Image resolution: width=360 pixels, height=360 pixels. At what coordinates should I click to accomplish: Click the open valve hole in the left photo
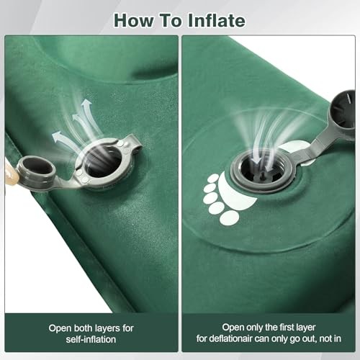pyautogui.click(x=103, y=161)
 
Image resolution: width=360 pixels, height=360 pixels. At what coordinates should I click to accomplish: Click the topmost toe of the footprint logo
pyautogui.click(x=213, y=177)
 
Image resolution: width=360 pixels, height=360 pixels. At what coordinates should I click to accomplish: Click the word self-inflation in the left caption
pyautogui.click(x=91, y=338)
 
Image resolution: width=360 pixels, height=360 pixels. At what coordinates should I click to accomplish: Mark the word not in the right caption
pyautogui.click(x=325, y=338)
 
